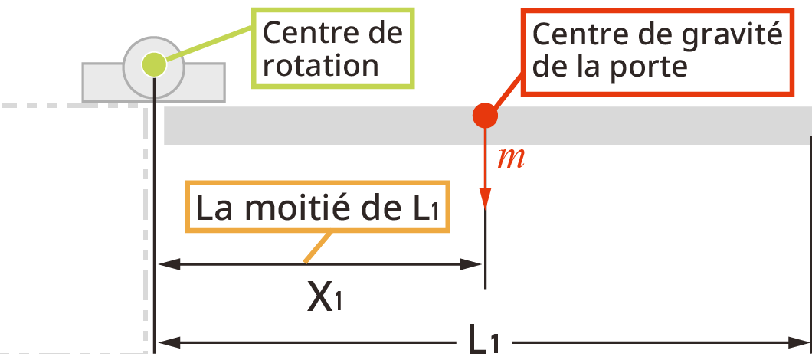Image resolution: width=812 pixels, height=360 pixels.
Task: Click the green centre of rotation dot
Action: (x=154, y=65)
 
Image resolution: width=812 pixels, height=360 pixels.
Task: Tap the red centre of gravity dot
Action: (x=485, y=116)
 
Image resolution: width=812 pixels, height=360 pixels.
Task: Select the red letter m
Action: (x=511, y=159)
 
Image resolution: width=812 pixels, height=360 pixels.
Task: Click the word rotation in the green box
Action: (x=320, y=66)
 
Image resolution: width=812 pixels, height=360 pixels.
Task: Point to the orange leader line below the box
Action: (x=316, y=247)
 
